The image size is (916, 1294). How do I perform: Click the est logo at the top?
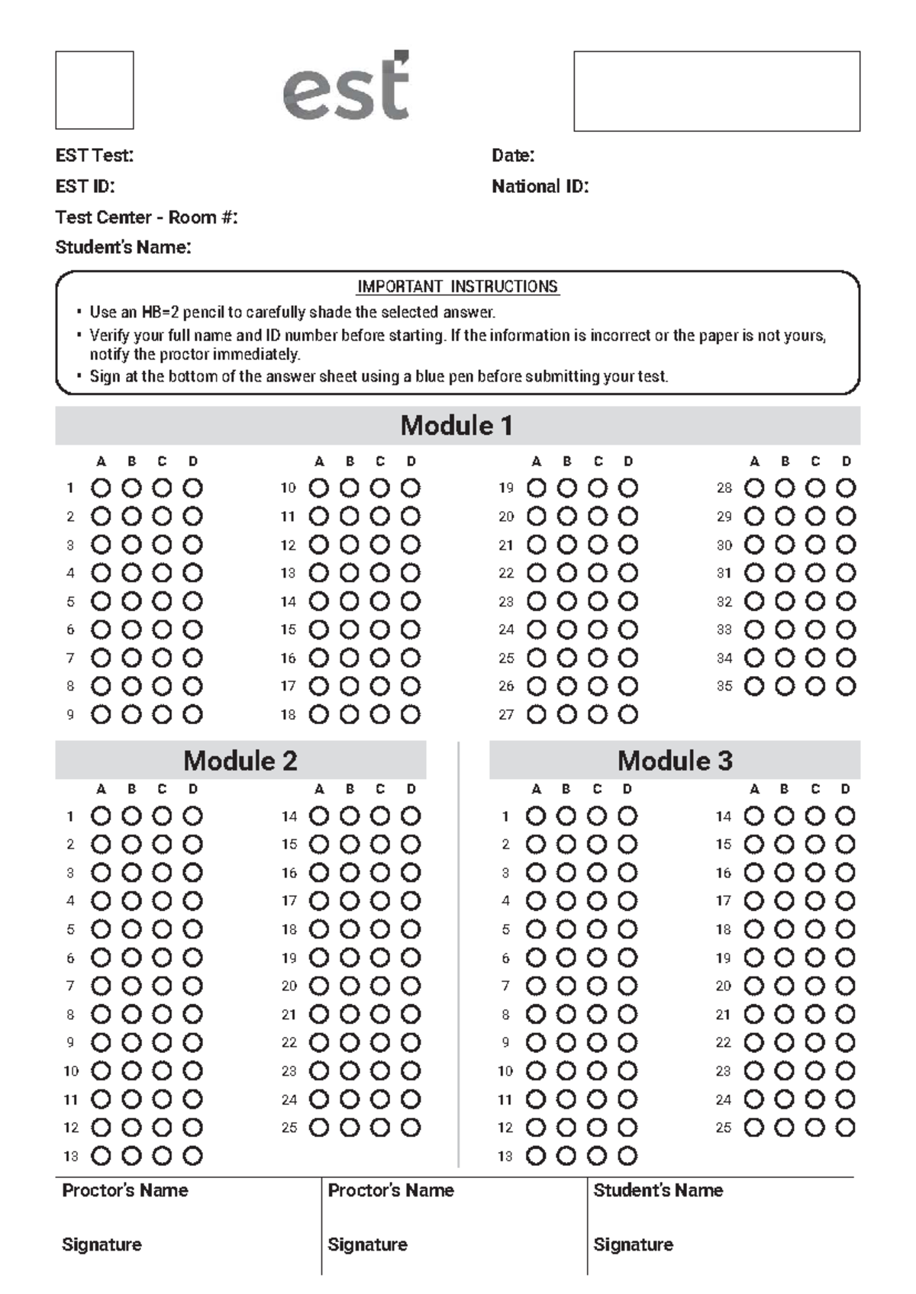pyautogui.click(x=347, y=88)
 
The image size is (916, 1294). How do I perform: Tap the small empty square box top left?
pyautogui.click(x=95, y=90)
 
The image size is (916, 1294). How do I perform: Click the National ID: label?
pyautogui.click(x=540, y=187)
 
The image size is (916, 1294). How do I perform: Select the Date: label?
pyautogui.click(x=513, y=156)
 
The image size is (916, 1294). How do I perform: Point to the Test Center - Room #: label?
pyautogui.click(x=147, y=217)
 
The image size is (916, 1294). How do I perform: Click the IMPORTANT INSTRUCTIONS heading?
pyautogui.click(x=458, y=287)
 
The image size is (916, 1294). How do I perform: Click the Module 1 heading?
pyautogui.click(x=456, y=426)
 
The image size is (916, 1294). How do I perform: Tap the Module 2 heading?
pyautogui.click(x=240, y=761)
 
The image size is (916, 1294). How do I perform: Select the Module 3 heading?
pyautogui.click(x=675, y=761)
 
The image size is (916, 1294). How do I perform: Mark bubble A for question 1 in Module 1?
pyautogui.click(x=101, y=488)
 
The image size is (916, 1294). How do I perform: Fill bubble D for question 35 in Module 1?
pyautogui.click(x=846, y=686)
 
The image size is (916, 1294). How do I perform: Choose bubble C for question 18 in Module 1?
pyautogui.click(x=380, y=715)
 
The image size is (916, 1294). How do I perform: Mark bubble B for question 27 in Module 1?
pyautogui.click(x=567, y=715)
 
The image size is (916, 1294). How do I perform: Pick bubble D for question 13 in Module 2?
pyautogui.click(x=193, y=1156)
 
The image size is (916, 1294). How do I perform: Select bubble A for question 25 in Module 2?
pyautogui.click(x=319, y=1127)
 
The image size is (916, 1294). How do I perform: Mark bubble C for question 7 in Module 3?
pyautogui.click(x=597, y=986)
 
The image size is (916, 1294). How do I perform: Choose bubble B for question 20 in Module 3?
pyautogui.click(x=785, y=986)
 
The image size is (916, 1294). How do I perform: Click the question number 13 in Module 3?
pyautogui.click(x=505, y=1157)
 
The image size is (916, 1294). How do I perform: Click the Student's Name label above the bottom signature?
pyautogui.click(x=658, y=1190)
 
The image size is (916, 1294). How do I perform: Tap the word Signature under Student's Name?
pyautogui.click(x=634, y=1244)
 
